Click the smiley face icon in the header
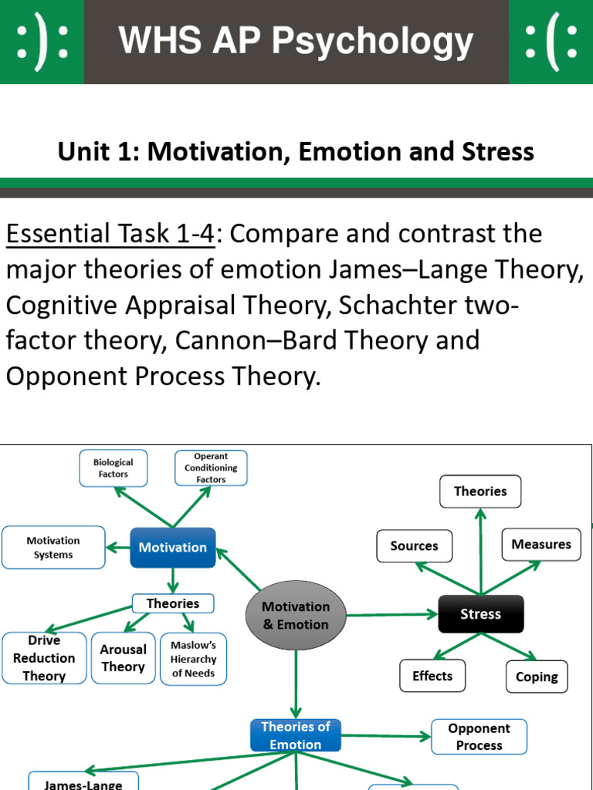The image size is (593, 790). [42, 41]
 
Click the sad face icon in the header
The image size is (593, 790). [551, 41]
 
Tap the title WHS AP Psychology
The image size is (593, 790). [296, 41]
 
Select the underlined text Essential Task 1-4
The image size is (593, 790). [110, 234]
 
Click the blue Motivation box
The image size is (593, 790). [172, 548]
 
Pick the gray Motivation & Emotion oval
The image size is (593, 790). [296, 616]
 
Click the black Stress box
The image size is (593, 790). [480, 614]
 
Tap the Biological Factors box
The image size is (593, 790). [114, 468]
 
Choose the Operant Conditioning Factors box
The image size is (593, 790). [211, 468]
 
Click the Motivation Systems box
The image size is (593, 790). [53, 548]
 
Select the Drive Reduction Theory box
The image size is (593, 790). [44, 658]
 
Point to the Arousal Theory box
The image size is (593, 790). [123, 658]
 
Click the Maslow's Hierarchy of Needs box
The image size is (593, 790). [194, 659]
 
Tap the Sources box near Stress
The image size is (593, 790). [414, 546]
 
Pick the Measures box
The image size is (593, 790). [540, 545]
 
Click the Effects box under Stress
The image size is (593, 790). [432, 677]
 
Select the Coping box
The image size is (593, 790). [537, 677]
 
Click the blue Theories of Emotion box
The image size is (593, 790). [296, 735]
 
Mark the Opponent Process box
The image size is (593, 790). [479, 737]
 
